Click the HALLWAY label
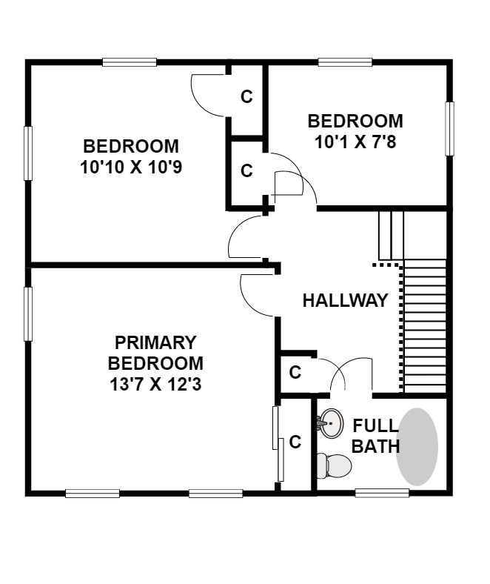pyautogui.click(x=345, y=301)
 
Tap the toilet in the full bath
pyautogui.click(x=334, y=466)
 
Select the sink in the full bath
pyautogui.click(x=330, y=423)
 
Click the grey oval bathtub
pyautogui.click(x=417, y=447)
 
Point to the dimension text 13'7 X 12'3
pyautogui.click(x=155, y=385)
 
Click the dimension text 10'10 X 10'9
pyautogui.click(x=131, y=167)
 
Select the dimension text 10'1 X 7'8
pyautogui.click(x=355, y=142)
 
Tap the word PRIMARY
pyautogui.click(x=155, y=342)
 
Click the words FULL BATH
pyautogui.click(x=375, y=436)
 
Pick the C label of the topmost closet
pyautogui.click(x=246, y=96)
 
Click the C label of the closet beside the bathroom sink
pyautogui.click(x=295, y=442)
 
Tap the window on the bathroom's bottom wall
pyautogui.click(x=382, y=493)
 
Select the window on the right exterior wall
pyautogui.click(x=449, y=128)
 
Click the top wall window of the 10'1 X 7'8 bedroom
pyautogui.click(x=345, y=62)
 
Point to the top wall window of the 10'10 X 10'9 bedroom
pyautogui.click(x=130, y=62)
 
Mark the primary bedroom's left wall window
pyautogui.click(x=28, y=313)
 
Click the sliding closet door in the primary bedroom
pyautogui.click(x=278, y=444)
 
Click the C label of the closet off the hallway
pyautogui.click(x=295, y=372)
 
